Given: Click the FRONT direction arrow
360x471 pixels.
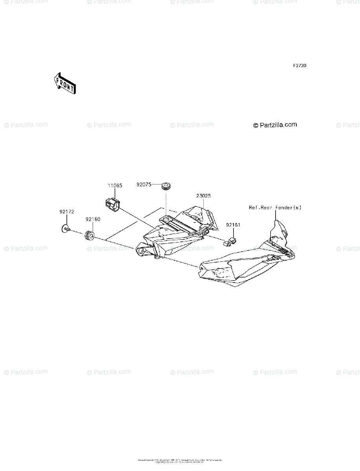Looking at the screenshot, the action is (x=64, y=83).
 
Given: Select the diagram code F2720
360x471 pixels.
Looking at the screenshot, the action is (x=299, y=66).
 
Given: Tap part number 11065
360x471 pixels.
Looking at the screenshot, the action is (x=115, y=186).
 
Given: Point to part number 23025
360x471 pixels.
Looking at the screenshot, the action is (x=203, y=195).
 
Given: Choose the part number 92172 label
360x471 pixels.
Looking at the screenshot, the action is (x=66, y=212).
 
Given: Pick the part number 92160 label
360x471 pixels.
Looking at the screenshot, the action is (x=93, y=220).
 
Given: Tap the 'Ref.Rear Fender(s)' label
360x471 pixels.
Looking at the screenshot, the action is (x=275, y=207).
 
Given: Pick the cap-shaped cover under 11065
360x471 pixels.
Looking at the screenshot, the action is (x=112, y=204).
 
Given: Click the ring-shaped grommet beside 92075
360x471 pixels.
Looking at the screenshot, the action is (x=167, y=185).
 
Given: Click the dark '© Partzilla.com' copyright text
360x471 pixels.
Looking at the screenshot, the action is (x=275, y=125).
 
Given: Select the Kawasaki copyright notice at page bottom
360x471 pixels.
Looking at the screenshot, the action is (x=180, y=461).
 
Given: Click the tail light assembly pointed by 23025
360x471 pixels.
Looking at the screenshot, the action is (x=177, y=232).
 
